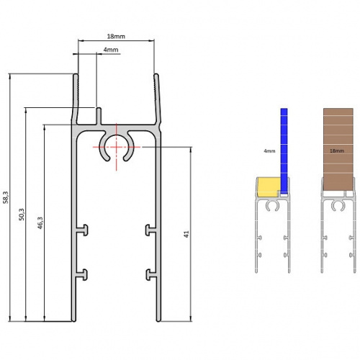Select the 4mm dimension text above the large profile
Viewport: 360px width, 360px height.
111,50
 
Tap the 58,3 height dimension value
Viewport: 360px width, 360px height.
6,197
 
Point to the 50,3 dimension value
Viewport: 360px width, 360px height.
22,214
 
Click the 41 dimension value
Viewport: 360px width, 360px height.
186,235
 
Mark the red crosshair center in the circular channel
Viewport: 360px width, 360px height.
115,147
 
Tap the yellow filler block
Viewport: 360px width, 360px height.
268,187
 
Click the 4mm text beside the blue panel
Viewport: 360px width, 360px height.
269,152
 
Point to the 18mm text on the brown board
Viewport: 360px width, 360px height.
337,152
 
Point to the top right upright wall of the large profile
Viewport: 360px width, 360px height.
156,97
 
